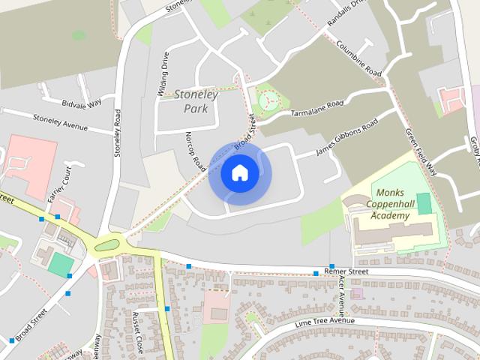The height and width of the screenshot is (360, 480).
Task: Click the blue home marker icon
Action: (239, 173)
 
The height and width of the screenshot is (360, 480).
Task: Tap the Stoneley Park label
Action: (196, 101)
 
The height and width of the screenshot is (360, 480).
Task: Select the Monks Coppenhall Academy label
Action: (391, 204)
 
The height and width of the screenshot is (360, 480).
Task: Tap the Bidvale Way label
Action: (82, 103)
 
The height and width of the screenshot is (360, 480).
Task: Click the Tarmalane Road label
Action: (316, 109)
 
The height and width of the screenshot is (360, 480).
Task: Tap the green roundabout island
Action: (109, 244)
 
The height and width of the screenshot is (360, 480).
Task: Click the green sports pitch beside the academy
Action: (424, 202)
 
